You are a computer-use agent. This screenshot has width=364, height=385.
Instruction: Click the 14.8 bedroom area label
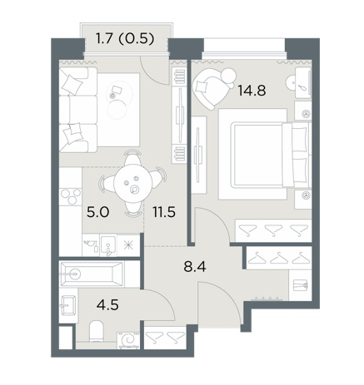point(252,91)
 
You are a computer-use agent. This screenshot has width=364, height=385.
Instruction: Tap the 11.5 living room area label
point(164,212)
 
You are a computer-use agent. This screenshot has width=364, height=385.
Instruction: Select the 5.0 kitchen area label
point(98,212)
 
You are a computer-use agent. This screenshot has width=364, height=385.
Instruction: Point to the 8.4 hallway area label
point(195,267)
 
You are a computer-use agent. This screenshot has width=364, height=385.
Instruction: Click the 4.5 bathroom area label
point(107,305)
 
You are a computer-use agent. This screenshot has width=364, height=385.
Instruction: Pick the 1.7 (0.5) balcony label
point(125,38)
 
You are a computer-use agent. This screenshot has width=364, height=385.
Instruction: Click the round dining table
point(133,183)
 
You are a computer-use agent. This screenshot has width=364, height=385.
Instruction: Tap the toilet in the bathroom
point(97,331)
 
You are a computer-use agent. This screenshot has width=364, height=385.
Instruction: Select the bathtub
point(92,274)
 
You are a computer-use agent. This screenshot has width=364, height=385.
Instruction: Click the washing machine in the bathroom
point(128,340)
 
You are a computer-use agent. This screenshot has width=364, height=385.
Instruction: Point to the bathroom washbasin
point(67,305)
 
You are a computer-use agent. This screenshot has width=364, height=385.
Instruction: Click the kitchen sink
point(108,245)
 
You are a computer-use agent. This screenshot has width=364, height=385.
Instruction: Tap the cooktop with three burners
point(71,197)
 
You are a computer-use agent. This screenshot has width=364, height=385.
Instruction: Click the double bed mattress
point(259,155)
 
